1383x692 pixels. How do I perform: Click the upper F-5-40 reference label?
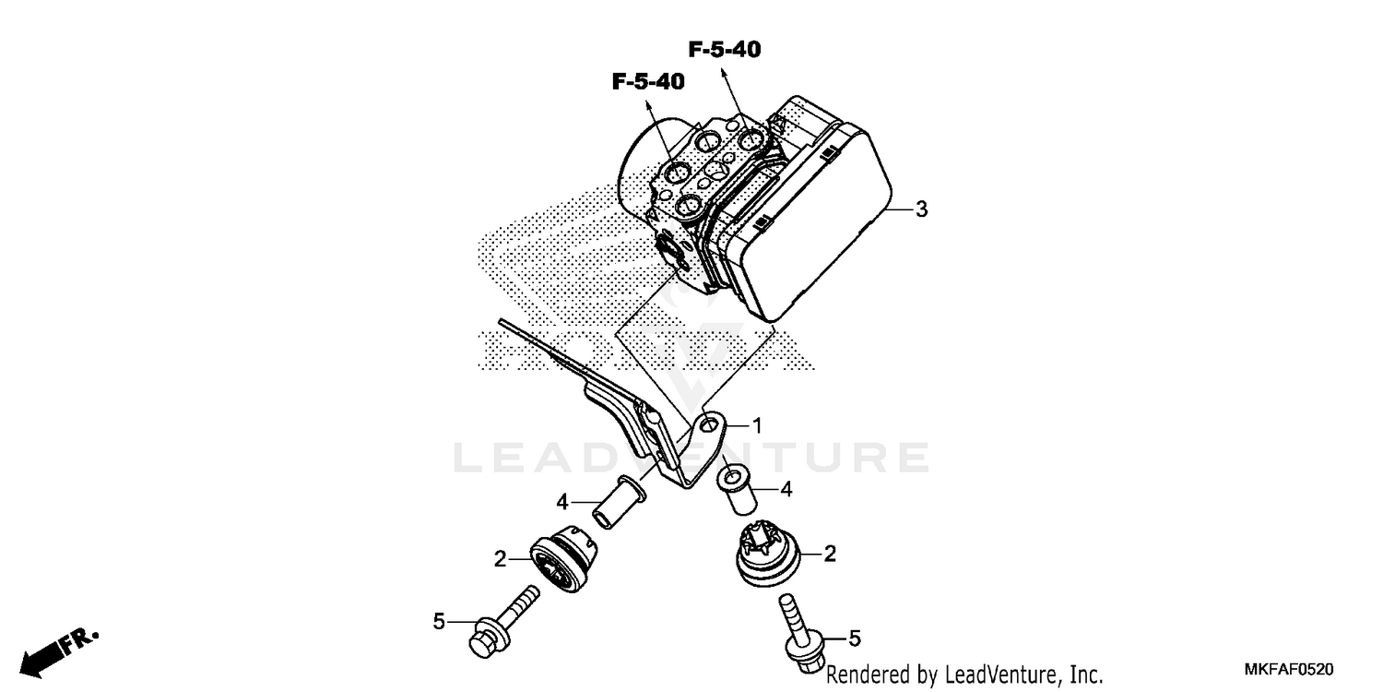[725, 50]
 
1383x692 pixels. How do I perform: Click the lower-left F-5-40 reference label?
[648, 81]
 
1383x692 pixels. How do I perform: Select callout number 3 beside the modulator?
[921, 209]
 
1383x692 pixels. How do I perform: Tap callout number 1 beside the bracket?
[757, 425]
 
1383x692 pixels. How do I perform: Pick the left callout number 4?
[561, 502]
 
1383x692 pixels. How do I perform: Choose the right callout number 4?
[786, 489]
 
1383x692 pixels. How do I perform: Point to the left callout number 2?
[500, 560]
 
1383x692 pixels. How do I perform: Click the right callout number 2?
[830, 554]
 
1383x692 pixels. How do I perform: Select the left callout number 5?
[439, 622]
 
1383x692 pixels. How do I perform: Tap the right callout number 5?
[855, 638]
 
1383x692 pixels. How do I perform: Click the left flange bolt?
[503, 622]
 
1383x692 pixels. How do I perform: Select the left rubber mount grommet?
[563, 558]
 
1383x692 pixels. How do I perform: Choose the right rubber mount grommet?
[768, 554]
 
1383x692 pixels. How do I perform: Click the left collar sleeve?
[620, 502]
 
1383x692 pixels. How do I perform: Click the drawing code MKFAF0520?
[1289, 669]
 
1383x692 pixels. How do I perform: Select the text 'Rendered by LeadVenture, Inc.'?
[964, 674]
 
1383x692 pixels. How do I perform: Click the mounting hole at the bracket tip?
[709, 424]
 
